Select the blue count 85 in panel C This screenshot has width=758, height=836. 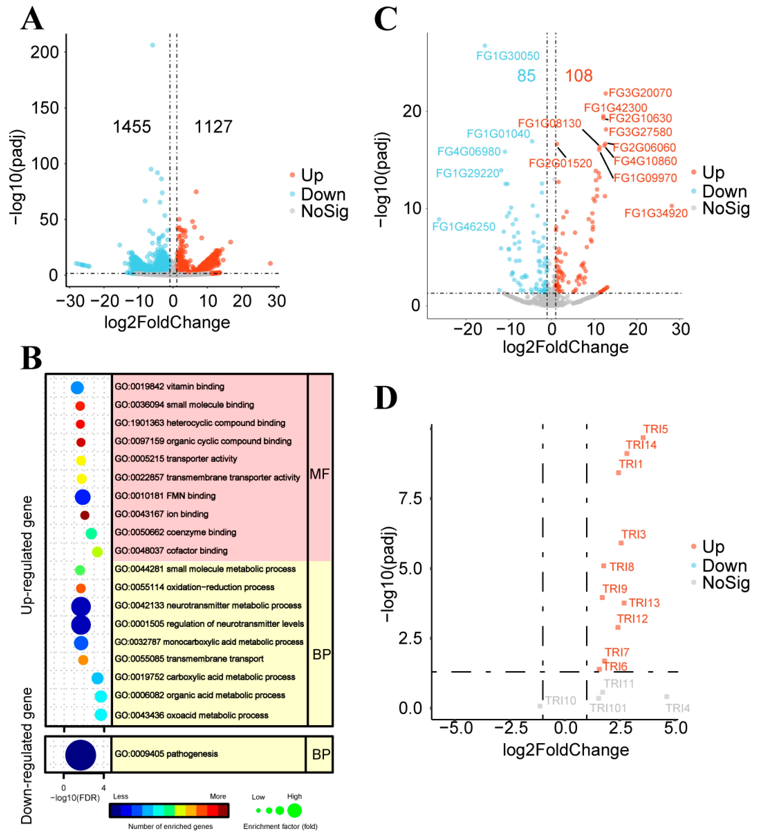[526, 76]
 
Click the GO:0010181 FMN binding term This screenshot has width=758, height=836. [165, 496]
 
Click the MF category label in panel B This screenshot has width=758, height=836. [319, 474]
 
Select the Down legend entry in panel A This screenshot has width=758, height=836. [323, 194]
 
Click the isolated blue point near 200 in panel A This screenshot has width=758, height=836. [153, 45]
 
